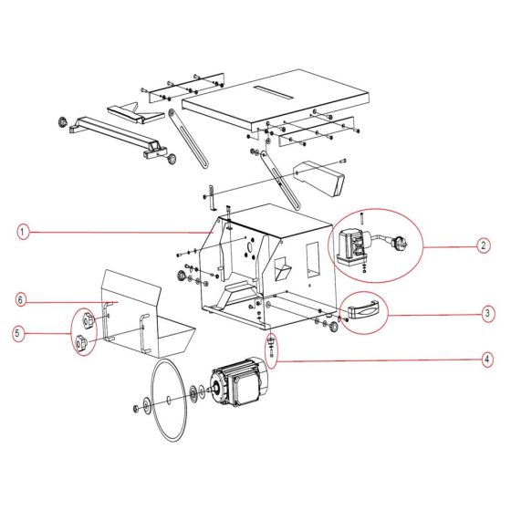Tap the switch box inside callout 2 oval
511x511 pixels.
tap(352, 249)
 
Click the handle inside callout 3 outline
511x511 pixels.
tap(362, 310)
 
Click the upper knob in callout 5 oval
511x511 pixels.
tap(89, 319)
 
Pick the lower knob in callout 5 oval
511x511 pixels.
tap(79, 342)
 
